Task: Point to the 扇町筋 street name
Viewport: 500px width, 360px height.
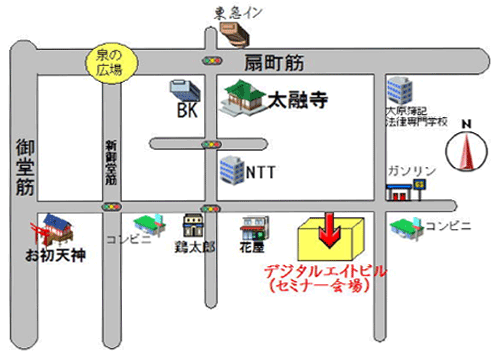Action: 274,62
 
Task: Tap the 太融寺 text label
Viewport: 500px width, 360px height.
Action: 301,101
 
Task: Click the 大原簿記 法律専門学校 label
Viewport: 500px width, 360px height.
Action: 413,116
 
